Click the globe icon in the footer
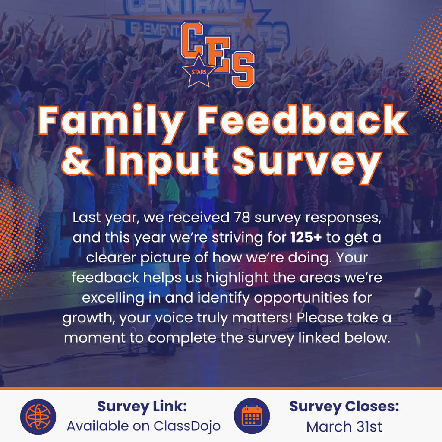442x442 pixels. click(38, 417)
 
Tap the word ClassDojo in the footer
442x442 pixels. click(187, 426)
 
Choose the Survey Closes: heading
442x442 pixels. click(344, 407)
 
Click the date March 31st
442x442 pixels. click(344, 426)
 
